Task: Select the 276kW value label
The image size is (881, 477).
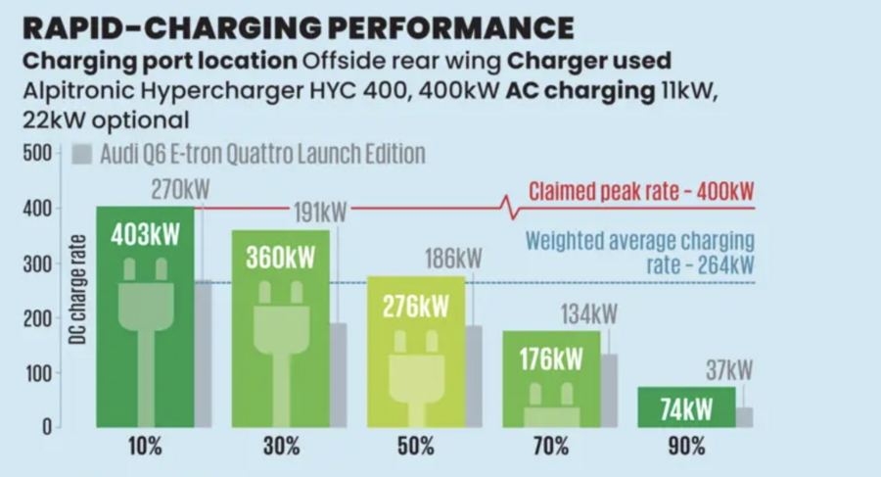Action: pos(415,306)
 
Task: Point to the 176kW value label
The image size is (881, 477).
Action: pos(550,357)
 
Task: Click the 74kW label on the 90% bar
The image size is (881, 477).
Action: pos(686,410)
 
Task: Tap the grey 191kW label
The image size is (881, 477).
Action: pos(319,212)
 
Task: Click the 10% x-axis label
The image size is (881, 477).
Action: pos(145,448)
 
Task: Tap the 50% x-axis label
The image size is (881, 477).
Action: pos(416,448)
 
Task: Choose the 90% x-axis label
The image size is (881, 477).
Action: pos(686,448)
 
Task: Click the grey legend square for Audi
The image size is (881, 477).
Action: pos(82,155)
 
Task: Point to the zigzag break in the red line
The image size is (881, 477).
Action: pos(508,207)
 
